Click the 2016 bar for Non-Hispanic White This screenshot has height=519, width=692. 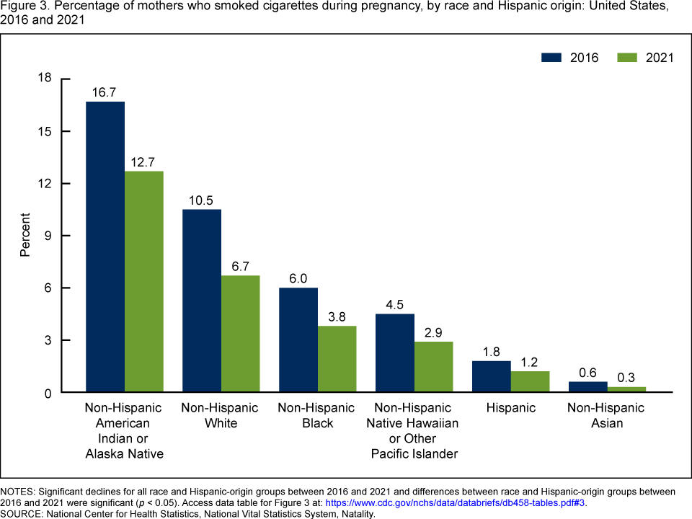tap(202, 301)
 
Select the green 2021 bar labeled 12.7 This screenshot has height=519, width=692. tap(144, 281)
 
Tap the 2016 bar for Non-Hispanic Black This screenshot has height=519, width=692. tap(298, 340)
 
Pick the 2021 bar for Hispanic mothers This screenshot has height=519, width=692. tap(531, 382)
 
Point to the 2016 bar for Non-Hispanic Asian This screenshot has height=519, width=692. tap(588, 387)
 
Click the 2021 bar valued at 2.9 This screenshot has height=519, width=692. tap(434, 367)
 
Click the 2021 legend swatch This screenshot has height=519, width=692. tap(628, 58)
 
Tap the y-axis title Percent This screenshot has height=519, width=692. tap(25, 235)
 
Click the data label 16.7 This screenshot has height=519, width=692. tap(105, 93)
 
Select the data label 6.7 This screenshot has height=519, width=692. tap(241, 267)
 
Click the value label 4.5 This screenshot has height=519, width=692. tap(395, 305)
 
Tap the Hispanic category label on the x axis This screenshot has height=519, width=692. tap(511, 408)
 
